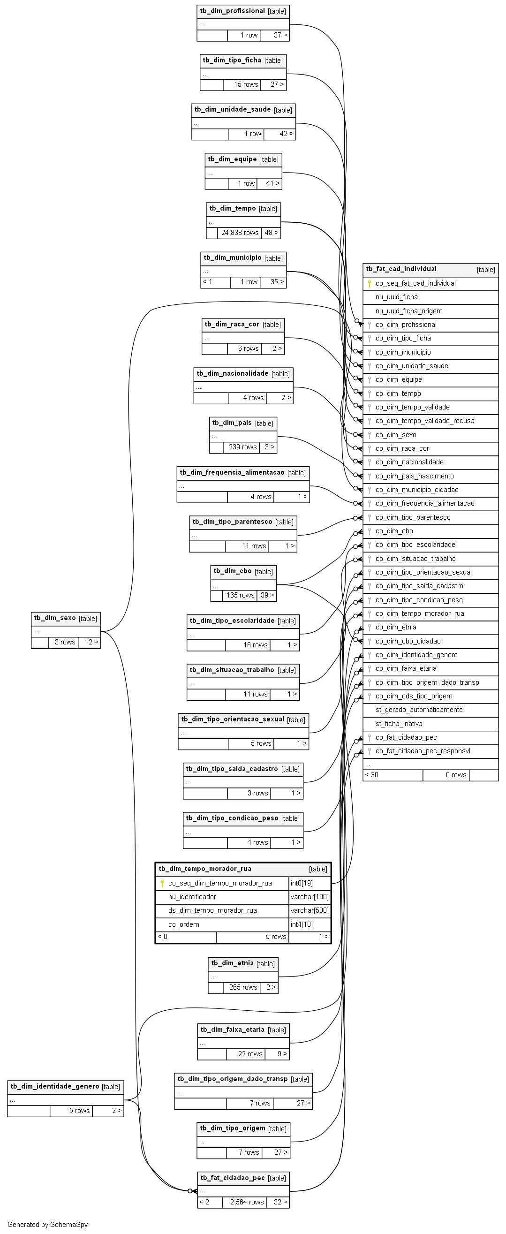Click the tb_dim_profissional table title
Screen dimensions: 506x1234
click(233, 11)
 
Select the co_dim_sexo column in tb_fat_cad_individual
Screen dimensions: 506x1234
click(396, 435)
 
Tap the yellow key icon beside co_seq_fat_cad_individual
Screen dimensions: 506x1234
click(370, 284)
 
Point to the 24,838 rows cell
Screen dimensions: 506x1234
click(240, 233)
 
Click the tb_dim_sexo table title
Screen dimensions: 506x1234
click(54, 618)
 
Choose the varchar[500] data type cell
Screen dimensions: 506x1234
click(310, 910)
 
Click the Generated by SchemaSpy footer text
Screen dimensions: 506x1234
click(47, 1225)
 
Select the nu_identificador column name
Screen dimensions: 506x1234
click(192, 897)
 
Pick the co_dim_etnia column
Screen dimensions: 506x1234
click(396, 627)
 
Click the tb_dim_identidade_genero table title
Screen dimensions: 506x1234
click(54, 1086)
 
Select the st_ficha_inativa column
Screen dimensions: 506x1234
click(399, 724)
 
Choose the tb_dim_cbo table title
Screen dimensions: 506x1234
click(233, 571)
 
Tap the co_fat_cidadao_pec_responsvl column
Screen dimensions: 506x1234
click(423, 751)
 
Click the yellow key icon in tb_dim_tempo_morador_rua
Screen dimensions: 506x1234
click(162, 883)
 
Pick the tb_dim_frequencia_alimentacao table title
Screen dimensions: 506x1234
click(232, 472)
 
